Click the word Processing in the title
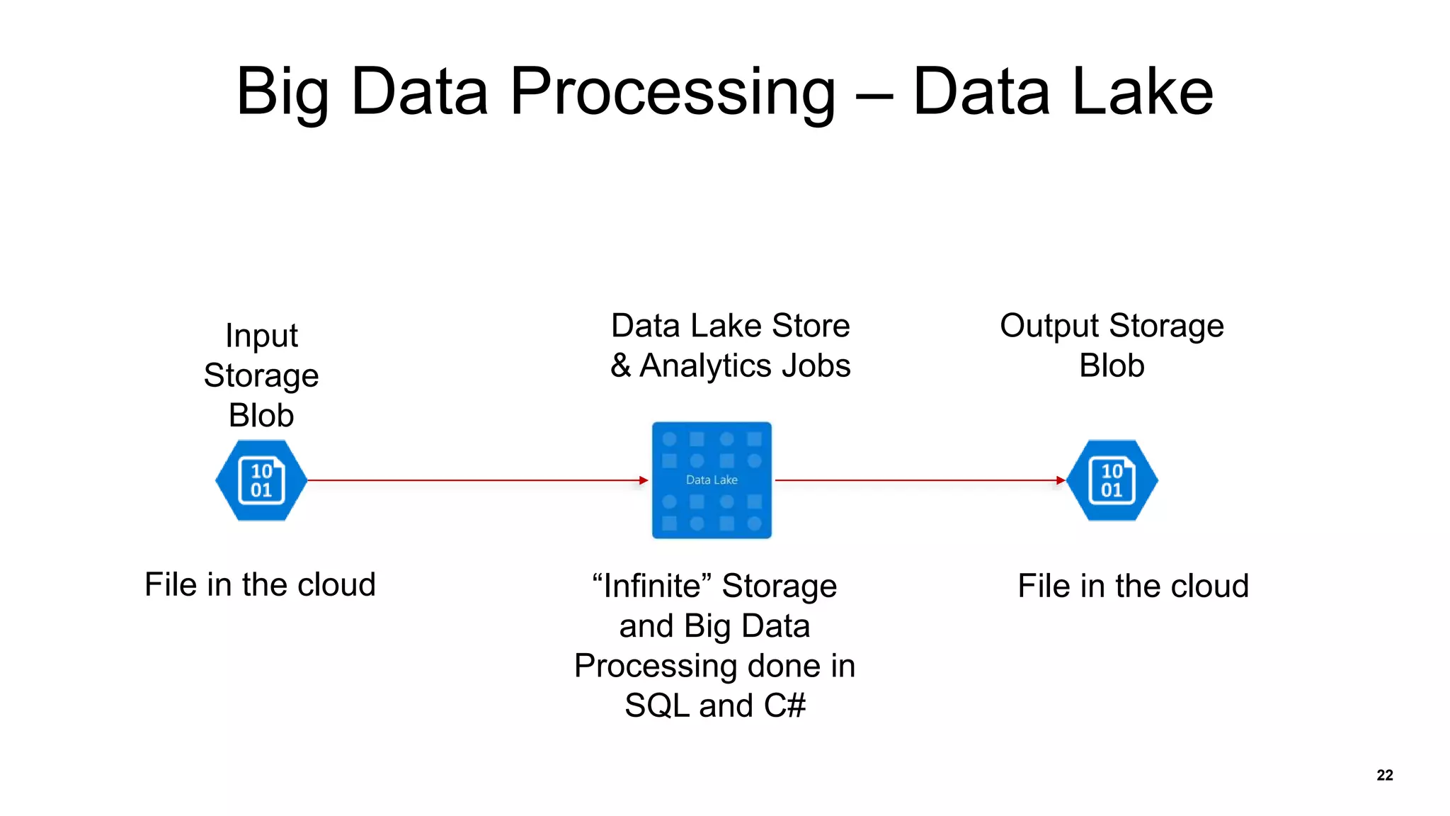pyautogui.click(x=673, y=92)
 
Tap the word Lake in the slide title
pyautogui.click(x=1143, y=92)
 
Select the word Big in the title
pyautogui.click(x=282, y=92)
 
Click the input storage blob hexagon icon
pyautogui.click(x=261, y=480)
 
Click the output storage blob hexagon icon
pyautogui.click(x=1112, y=480)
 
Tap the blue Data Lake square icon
pyautogui.click(x=712, y=480)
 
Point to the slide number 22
pyautogui.click(x=1385, y=775)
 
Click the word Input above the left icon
pyautogui.click(x=261, y=336)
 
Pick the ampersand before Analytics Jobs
pyautogui.click(x=620, y=366)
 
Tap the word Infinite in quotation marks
pyautogui.click(x=651, y=586)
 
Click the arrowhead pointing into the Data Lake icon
pyautogui.click(x=644, y=480)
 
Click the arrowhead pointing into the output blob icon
pyautogui.click(x=1060, y=480)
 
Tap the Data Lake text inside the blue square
pyautogui.click(x=712, y=480)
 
